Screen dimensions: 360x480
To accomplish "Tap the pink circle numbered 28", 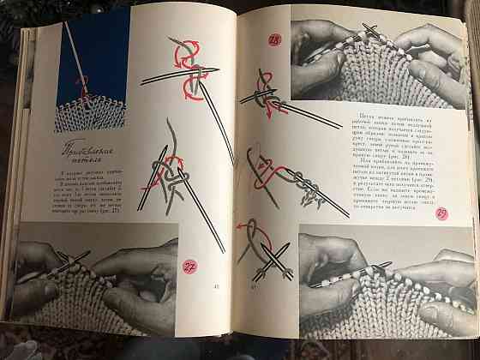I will tap(275, 39).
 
